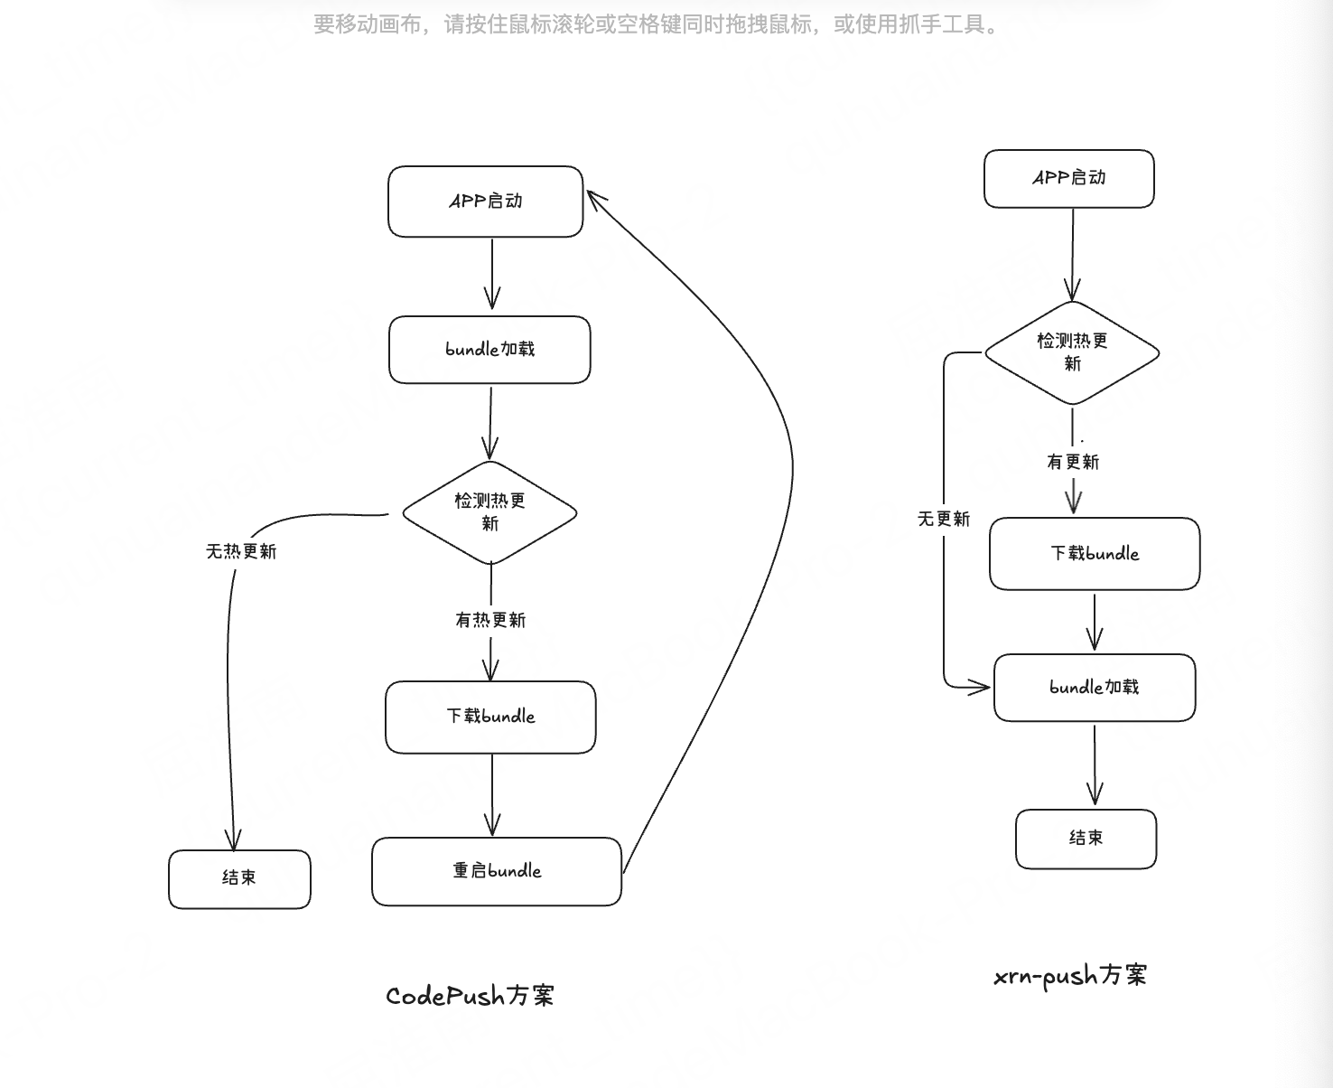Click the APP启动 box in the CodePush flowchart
coord(486,202)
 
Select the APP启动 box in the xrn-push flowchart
coord(1069,178)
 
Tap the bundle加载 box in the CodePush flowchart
coord(489,350)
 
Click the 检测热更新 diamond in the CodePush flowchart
coord(489,512)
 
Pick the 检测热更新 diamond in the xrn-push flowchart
coord(1072,352)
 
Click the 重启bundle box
coord(497,871)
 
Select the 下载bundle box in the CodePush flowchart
coord(490,717)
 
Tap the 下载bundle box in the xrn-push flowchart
coord(1095,554)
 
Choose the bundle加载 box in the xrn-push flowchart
coord(1095,688)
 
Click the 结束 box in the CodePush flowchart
coord(239,878)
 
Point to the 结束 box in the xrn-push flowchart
coord(1086,839)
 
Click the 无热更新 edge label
coord(241,551)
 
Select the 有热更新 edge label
coord(490,620)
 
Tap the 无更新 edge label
coord(944,519)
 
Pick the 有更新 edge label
coord(1073,462)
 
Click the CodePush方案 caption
coord(470,996)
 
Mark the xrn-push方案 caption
coord(1070,976)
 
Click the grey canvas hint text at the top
coord(657,24)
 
